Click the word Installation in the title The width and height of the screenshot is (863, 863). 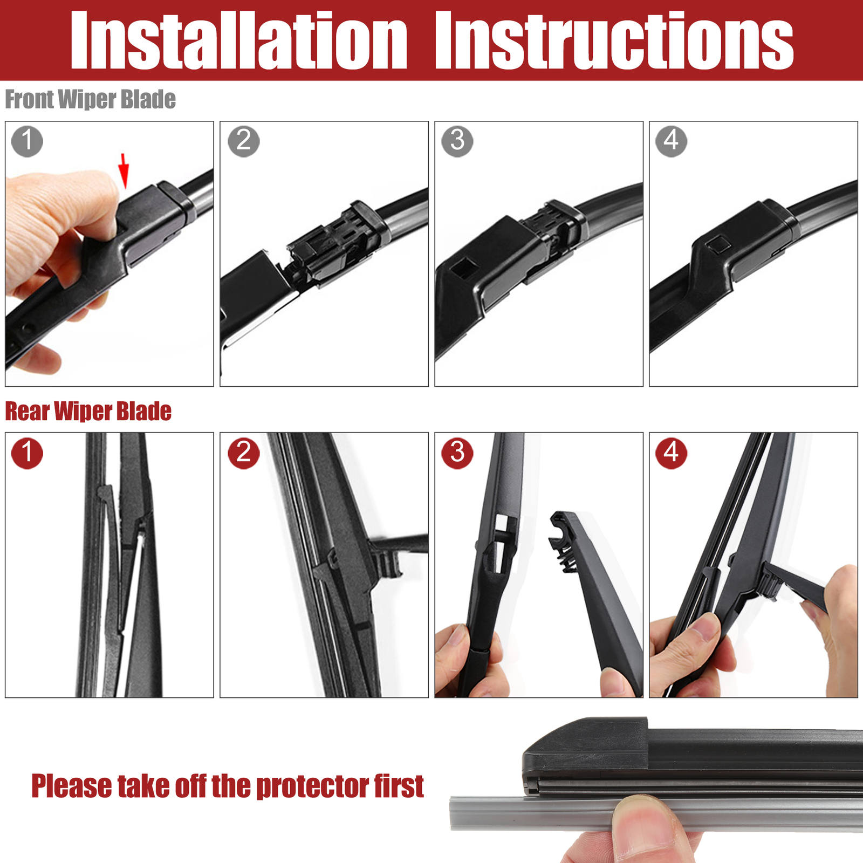point(239,41)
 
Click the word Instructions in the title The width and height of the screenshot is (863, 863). point(614,41)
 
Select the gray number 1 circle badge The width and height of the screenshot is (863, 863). point(27,141)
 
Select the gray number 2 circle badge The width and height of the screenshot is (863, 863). point(244,141)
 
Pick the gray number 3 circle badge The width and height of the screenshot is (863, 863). point(457,141)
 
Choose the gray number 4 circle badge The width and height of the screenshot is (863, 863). point(672,141)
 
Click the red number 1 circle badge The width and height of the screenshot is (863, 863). point(27,453)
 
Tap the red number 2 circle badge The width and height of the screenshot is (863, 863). point(244,453)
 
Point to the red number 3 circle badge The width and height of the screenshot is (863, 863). point(457,453)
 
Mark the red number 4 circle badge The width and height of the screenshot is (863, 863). point(672,453)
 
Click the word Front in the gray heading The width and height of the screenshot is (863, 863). point(30,100)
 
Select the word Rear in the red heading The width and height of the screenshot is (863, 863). point(27,412)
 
